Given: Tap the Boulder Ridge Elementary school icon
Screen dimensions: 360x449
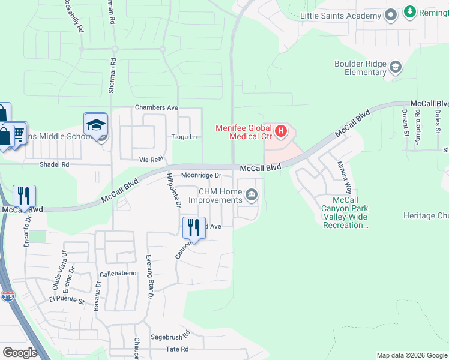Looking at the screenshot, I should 396,67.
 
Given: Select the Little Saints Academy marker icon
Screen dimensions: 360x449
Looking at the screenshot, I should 391,15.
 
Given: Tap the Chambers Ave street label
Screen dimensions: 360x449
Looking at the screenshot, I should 157,107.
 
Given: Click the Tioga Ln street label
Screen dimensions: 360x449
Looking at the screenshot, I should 185,137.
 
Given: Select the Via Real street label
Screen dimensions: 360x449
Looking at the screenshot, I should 151,159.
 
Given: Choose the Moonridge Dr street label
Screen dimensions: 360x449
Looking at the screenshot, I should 202,175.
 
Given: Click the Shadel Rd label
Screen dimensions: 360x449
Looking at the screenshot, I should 55,164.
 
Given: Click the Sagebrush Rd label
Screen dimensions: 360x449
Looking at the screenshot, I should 170,334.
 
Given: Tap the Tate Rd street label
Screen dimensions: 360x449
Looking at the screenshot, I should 177,349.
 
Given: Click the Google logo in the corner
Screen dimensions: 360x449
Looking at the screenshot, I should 20,352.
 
